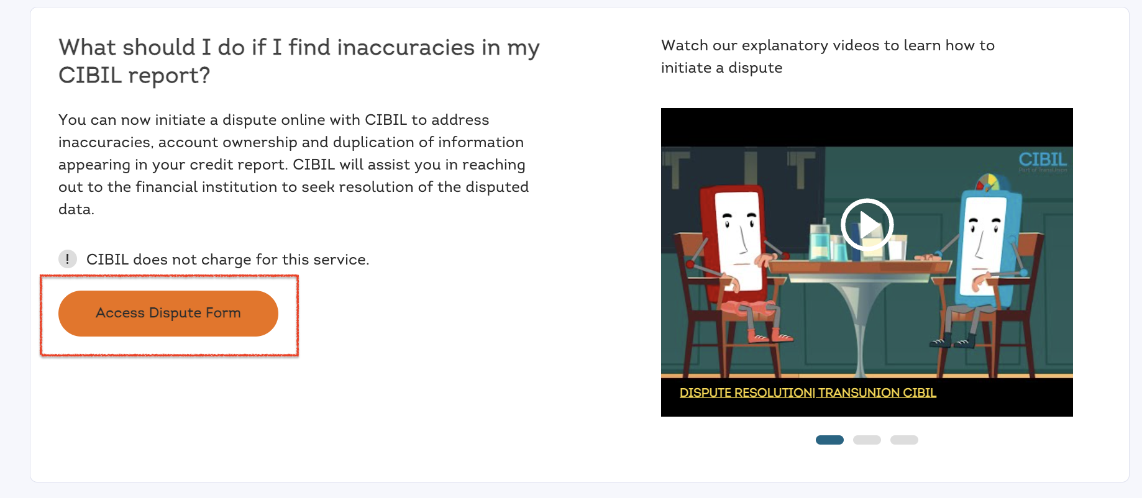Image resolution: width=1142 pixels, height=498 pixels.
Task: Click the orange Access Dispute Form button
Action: (168, 313)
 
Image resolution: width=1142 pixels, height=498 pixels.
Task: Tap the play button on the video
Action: (867, 225)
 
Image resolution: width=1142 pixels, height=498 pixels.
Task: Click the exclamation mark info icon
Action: (68, 259)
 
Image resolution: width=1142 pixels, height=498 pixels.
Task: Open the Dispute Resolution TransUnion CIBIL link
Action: (808, 392)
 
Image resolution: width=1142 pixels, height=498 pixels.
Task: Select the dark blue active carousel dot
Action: (829, 440)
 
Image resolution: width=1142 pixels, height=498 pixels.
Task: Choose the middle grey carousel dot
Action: (867, 440)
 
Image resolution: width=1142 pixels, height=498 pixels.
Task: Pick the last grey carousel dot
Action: (904, 440)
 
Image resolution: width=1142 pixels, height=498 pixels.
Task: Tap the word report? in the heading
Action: (169, 76)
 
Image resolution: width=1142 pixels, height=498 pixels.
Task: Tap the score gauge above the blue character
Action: (987, 183)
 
